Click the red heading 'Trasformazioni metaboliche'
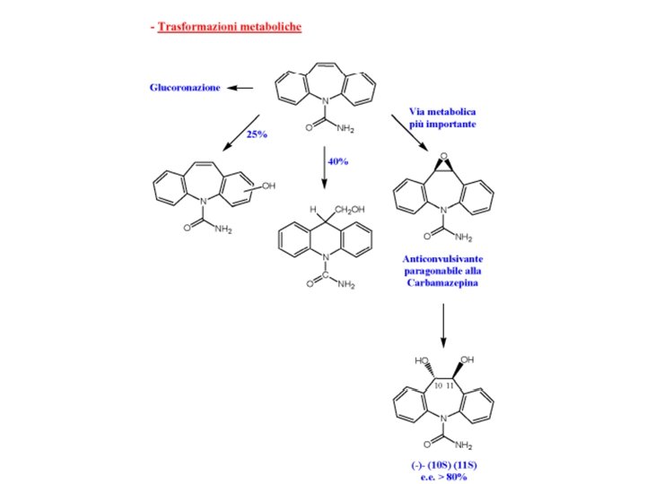[x=229, y=28]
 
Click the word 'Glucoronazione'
[x=185, y=88]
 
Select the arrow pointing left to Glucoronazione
[x=240, y=88]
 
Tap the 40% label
[x=338, y=161]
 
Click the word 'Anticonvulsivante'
[x=443, y=258]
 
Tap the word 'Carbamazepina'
[x=443, y=283]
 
